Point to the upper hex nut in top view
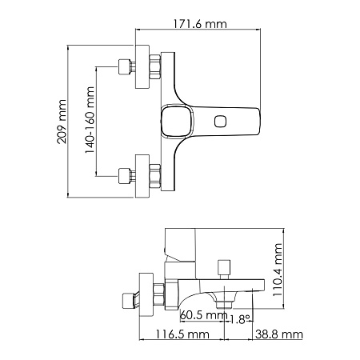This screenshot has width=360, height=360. point(154,68)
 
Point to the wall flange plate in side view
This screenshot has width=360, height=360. point(146,291)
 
